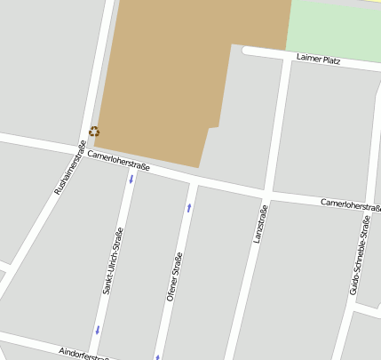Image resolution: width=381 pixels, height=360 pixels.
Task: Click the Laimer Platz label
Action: coord(317,60)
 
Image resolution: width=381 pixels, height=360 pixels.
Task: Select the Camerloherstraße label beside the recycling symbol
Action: coord(118,160)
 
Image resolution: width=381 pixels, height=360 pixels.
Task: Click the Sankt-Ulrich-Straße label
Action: coord(112,260)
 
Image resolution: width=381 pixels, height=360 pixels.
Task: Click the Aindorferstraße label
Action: coord(83,354)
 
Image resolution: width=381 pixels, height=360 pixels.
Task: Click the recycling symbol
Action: coord(94,132)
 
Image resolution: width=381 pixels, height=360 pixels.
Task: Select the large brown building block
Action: coord(178,71)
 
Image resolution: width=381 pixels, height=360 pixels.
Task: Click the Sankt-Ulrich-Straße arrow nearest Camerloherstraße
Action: coord(131,180)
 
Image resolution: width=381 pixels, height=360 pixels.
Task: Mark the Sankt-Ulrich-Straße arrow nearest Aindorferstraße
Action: coord(97,331)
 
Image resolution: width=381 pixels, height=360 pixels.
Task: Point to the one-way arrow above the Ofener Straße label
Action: coord(188,207)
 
